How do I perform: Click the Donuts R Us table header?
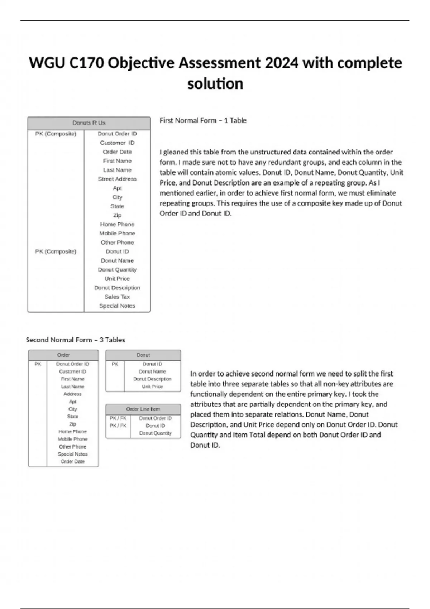[89, 123]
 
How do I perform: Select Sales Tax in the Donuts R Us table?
[117, 297]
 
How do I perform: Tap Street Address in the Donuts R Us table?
[117, 179]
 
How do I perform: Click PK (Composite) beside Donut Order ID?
[56, 134]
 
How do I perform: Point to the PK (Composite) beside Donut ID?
[56, 251]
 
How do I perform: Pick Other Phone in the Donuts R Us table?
[117, 242]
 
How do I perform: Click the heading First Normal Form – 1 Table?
[203, 120]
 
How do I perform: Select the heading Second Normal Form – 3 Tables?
[76, 340]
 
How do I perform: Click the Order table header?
[63, 355]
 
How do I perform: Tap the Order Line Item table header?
[143, 409]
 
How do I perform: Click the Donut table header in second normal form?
[143, 355]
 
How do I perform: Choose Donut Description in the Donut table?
[152, 379]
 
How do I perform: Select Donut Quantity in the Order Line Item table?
[155, 433]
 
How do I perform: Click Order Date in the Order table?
[72, 461]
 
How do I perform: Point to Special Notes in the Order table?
[72, 454]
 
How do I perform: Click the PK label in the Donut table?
[115, 364]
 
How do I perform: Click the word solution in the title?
[215, 84]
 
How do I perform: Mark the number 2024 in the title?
[282, 63]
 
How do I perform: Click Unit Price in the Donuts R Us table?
[117, 278]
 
